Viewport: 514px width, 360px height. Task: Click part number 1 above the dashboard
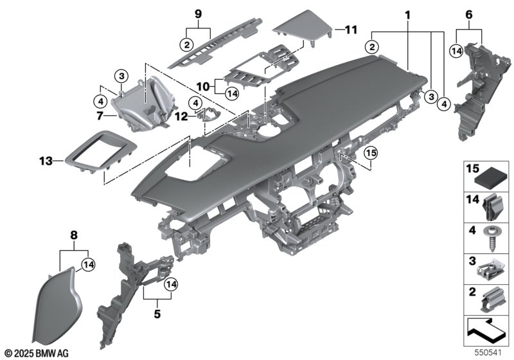click(407, 13)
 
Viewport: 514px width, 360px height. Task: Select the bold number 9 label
click(198, 13)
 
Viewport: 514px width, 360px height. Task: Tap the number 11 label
click(350, 30)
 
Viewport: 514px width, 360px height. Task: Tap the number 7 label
click(100, 116)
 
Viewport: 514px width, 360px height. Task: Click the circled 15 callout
click(370, 152)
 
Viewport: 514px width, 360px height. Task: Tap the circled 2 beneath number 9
click(186, 44)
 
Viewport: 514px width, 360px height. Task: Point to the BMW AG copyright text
click(37, 353)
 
